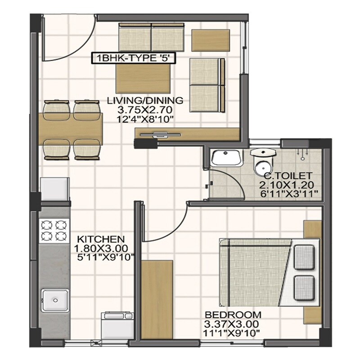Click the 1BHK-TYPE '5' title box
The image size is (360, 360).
point(133,58)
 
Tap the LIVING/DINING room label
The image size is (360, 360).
point(145,100)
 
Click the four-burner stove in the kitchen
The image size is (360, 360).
point(54,229)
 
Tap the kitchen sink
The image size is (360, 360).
point(55,300)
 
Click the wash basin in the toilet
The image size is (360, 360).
point(226,158)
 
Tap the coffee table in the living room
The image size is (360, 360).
point(144,77)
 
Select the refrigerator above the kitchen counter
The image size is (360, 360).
point(55,189)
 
